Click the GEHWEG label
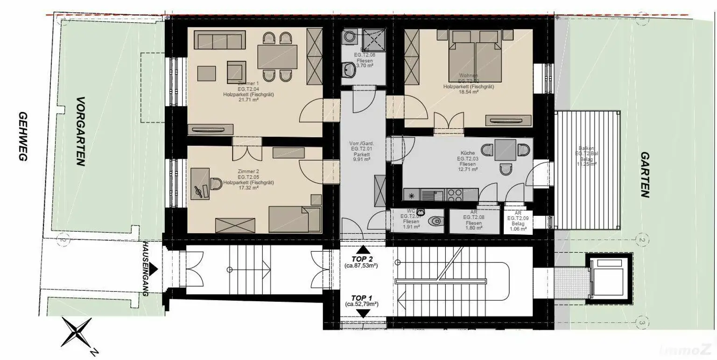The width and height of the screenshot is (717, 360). point(22,136)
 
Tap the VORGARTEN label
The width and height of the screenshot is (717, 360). point(81,132)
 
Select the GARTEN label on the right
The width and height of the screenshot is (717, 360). point(645,175)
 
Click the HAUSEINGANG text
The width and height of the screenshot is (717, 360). point(146,269)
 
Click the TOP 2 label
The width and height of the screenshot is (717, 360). point(362,259)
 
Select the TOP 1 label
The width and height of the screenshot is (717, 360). point(362,297)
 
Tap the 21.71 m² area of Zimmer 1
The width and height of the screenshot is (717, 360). point(248,99)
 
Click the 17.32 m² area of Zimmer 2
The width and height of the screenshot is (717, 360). point(248,188)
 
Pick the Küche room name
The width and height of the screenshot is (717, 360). point(467,153)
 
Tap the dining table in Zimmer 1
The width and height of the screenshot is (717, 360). point(277,56)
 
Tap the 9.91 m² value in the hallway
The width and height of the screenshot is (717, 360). point(362,159)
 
